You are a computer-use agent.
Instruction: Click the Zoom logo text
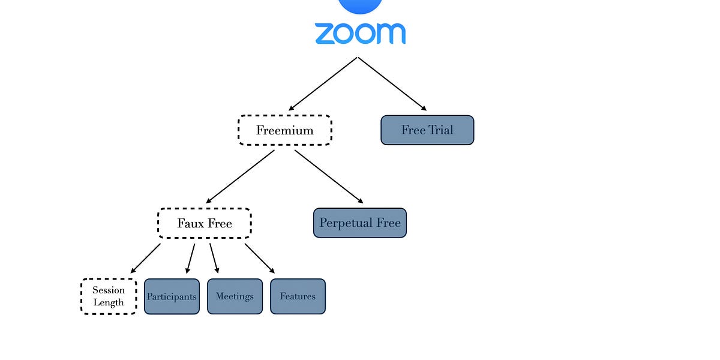[360, 34]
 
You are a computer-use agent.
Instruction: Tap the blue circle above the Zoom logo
[360, 5]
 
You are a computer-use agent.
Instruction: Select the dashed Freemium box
[284, 130]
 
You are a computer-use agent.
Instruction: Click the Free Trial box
[427, 130]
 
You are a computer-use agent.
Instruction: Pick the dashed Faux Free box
[204, 223]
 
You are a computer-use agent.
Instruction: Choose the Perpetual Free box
[359, 223]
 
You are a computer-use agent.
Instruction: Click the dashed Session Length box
[109, 296]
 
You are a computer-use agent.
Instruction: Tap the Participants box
[172, 296]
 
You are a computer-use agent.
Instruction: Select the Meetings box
[235, 296]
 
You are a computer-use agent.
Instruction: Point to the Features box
[298, 296]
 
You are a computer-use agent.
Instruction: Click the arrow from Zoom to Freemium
[323, 84]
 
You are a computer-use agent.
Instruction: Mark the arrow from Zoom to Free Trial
[392, 84]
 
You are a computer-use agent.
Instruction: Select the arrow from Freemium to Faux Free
[240, 176]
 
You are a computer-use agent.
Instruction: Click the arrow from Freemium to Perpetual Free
[329, 176]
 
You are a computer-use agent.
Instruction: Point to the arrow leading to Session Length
[145, 258]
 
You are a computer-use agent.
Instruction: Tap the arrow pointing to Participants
[191, 259]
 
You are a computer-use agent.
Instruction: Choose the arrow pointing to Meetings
[214, 259]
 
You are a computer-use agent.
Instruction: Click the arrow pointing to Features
[259, 258]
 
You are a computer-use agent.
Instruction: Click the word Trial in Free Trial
[441, 130]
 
